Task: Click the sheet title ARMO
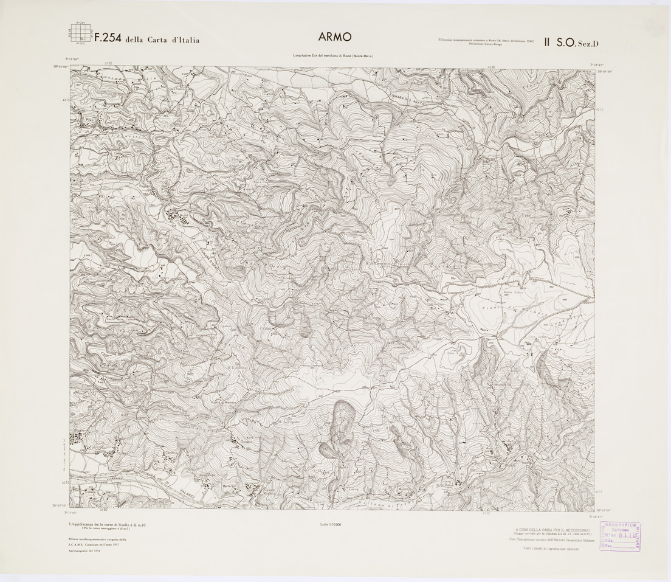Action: coord(334,37)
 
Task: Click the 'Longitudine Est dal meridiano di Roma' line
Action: coord(332,56)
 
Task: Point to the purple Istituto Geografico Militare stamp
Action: coord(620,536)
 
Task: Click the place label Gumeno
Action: coord(246,448)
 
